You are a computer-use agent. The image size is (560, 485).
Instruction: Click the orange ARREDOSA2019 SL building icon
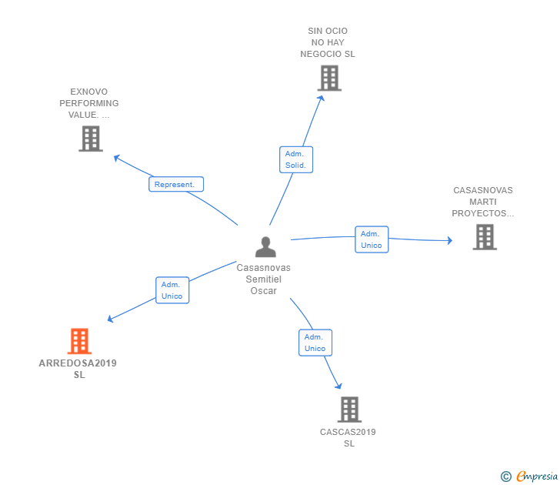(79, 341)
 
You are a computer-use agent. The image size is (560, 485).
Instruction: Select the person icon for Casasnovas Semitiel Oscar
(265, 247)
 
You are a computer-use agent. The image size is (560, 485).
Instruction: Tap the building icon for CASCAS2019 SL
(349, 409)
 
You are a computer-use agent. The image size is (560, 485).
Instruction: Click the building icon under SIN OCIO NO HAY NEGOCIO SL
(328, 78)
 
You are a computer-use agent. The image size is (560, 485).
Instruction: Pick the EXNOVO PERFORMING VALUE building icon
(90, 139)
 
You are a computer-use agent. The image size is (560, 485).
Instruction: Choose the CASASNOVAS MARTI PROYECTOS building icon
(484, 237)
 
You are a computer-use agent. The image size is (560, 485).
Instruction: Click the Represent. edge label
(176, 184)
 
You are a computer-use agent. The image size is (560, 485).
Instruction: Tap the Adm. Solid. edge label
(295, 159)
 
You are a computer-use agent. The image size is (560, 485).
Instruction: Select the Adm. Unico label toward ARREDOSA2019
(172, 290)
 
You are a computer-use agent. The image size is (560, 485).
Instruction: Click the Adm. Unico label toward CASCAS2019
(315, 343)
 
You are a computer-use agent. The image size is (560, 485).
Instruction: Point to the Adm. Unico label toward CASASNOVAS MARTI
(372, 239)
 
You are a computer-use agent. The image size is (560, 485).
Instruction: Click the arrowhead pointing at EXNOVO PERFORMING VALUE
(117, 158)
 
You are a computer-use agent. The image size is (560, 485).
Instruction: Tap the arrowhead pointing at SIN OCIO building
(322, 99)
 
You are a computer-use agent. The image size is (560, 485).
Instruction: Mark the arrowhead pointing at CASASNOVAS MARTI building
(449, 241)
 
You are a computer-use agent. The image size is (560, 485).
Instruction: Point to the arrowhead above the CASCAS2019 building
(338, 385)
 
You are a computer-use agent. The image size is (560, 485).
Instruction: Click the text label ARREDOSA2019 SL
(78, 369)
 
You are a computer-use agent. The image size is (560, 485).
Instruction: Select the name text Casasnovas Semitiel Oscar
(264, 279)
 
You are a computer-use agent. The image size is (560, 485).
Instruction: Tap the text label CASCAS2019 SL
(348, 437)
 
